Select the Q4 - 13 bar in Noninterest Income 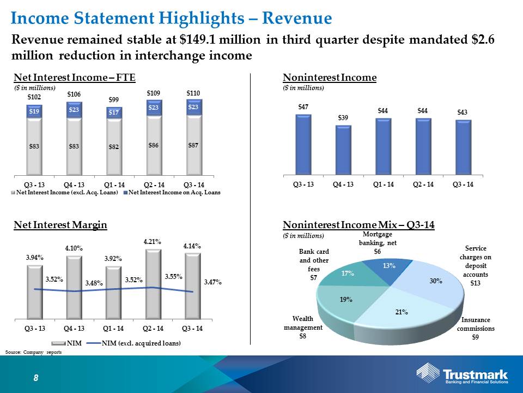(x=343, y=150)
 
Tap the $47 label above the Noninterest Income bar (x=303, y=107)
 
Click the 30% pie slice (x=430, y=282)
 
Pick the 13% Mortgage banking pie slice (x=388, y=269)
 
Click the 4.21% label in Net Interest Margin (x=153, y=242)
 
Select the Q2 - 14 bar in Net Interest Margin (x=153, y=284)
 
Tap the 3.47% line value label (x=213, y=282)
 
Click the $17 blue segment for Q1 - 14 (x=114, y=112)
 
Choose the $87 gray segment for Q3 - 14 (x=193, y=145)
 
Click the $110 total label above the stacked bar (x=193, y=93)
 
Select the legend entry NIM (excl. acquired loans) (x=133, y=343)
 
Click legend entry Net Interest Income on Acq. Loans (x=172, y=193)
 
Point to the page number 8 (x=36, y=378)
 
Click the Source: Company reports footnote (x=33, y=352)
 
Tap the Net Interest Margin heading (x=60, y=225)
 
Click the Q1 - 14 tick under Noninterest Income (x=383, y=184)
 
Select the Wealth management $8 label (x=303, y=327)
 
